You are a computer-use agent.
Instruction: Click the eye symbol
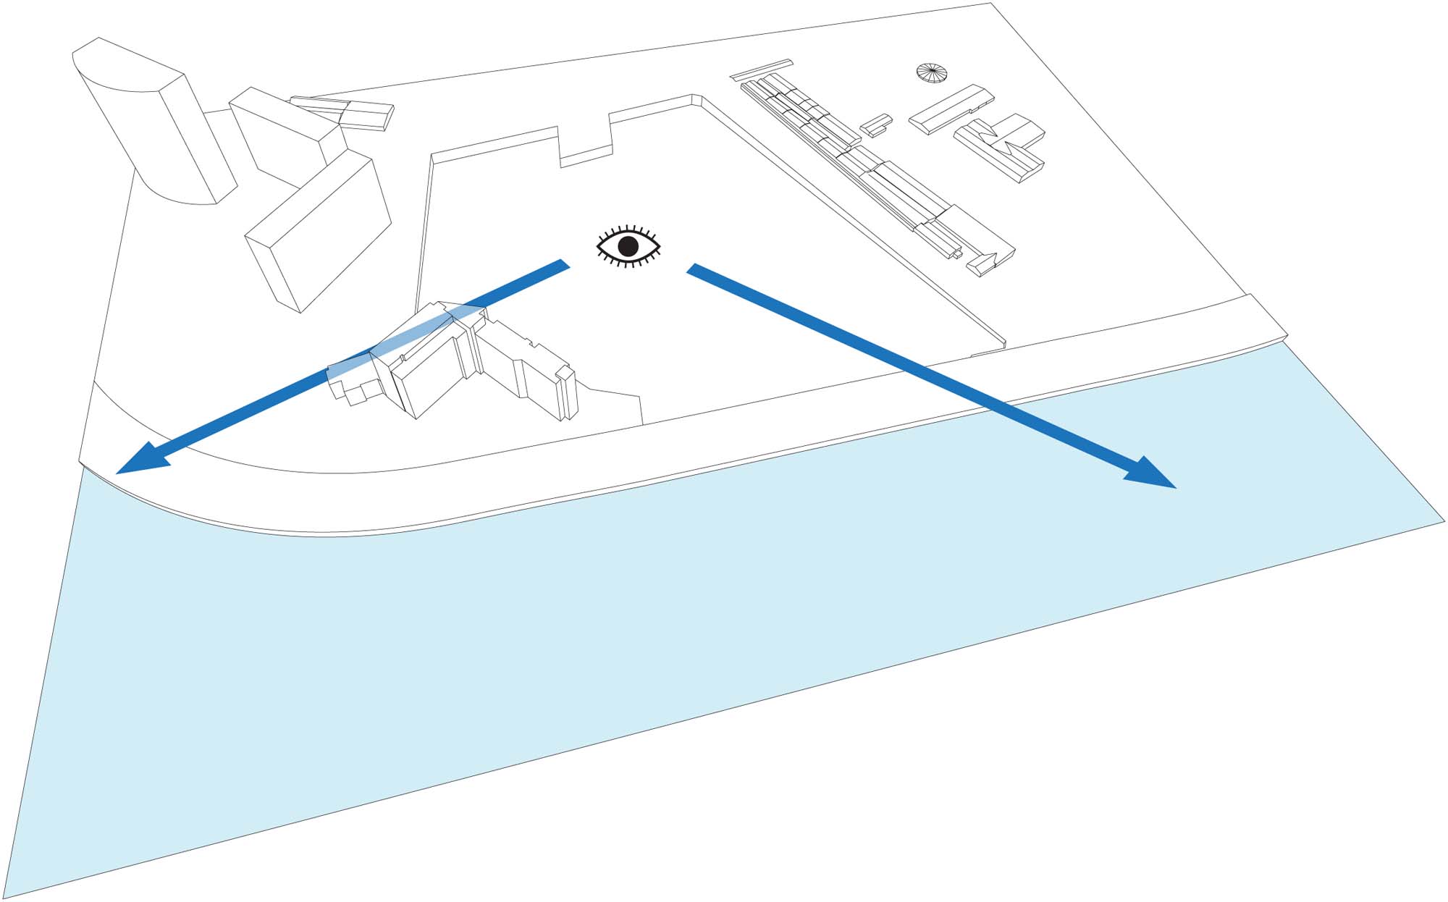point(628,246)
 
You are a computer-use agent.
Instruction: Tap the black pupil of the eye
point(628,247)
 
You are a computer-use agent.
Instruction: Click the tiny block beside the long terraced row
point(875,125)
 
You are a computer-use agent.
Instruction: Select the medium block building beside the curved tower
point(286,134)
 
